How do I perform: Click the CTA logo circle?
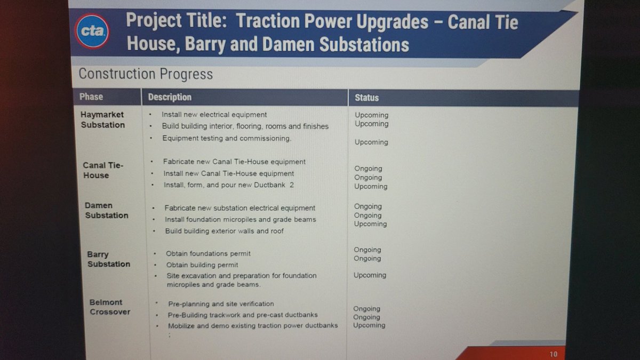click(92, 31)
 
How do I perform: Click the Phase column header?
click(91, 97)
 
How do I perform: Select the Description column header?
click(170, 97)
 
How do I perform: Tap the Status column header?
click(366, 98)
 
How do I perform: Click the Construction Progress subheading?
click(146, 74)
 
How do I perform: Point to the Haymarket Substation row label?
click(102, 119)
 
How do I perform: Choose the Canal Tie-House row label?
click(103, 170)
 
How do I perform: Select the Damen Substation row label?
click(106, 210)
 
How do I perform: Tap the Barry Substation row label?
click(109, 259)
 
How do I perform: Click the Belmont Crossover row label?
click(110, 307)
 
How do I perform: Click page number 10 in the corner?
click(554, 354)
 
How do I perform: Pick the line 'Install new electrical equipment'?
click(214, 115)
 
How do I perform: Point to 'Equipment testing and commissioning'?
click(227, 138)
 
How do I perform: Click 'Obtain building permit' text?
click(202, 265)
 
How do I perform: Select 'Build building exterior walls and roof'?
click(225, 231)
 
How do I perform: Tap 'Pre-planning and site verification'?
click(221, 303)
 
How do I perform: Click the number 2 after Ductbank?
click(291, 185)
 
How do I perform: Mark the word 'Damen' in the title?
click(288, 45)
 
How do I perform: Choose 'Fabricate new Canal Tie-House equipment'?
click(234, 162)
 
